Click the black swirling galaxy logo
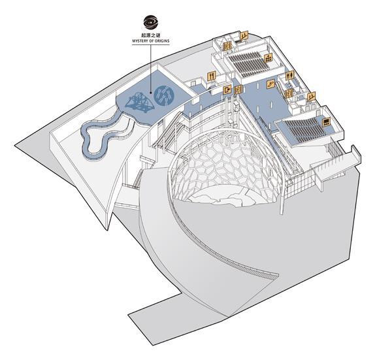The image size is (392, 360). tap(150, 22)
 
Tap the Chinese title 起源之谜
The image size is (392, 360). tap(150, 35)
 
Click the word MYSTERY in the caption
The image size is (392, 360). tap(140, 41)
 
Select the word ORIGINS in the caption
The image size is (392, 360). tap(162, 41)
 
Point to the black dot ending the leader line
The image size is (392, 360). tap(151, 93)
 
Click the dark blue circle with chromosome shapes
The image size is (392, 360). tap(164, 95)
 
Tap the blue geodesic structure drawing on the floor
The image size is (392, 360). tap(140, 103)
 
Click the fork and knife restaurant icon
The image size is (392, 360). tap(212, 76)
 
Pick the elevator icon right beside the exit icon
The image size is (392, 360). tap(238, 90)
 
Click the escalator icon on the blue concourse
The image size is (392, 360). tap(270, 84)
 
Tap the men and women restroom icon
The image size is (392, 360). tap(289, 75)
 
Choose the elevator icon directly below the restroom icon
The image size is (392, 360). tap(289, 93)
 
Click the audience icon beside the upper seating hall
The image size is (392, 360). tap(269, 57)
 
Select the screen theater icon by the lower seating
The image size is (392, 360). tap(326, 122)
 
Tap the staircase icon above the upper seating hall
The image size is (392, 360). tap(244, 35)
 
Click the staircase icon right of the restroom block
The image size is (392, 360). tap(311, 96)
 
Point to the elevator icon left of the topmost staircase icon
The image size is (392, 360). tap(227, 46)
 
